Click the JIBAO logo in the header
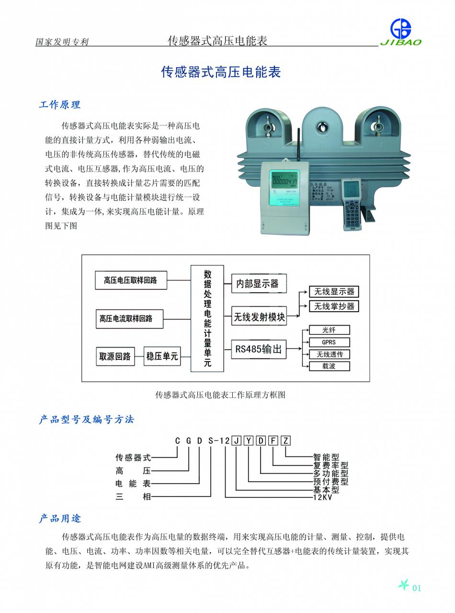[401, 32]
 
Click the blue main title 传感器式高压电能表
[220, 72]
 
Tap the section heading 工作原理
[59, 104]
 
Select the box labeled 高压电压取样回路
[131, 280]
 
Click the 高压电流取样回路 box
[129, 318]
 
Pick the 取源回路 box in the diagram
[115, 356]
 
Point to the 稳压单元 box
[162, 356]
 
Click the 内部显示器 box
[258, 284]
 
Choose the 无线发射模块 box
[259, 317]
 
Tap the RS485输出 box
[259, 349]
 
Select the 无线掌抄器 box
[334, 306]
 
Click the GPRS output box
[329, 342]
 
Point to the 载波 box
[329, 366]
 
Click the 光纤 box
[329, 330]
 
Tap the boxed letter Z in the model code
[285, 441]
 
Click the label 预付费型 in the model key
[330, 481]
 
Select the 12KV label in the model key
[322, 497]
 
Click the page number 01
[416, 588]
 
